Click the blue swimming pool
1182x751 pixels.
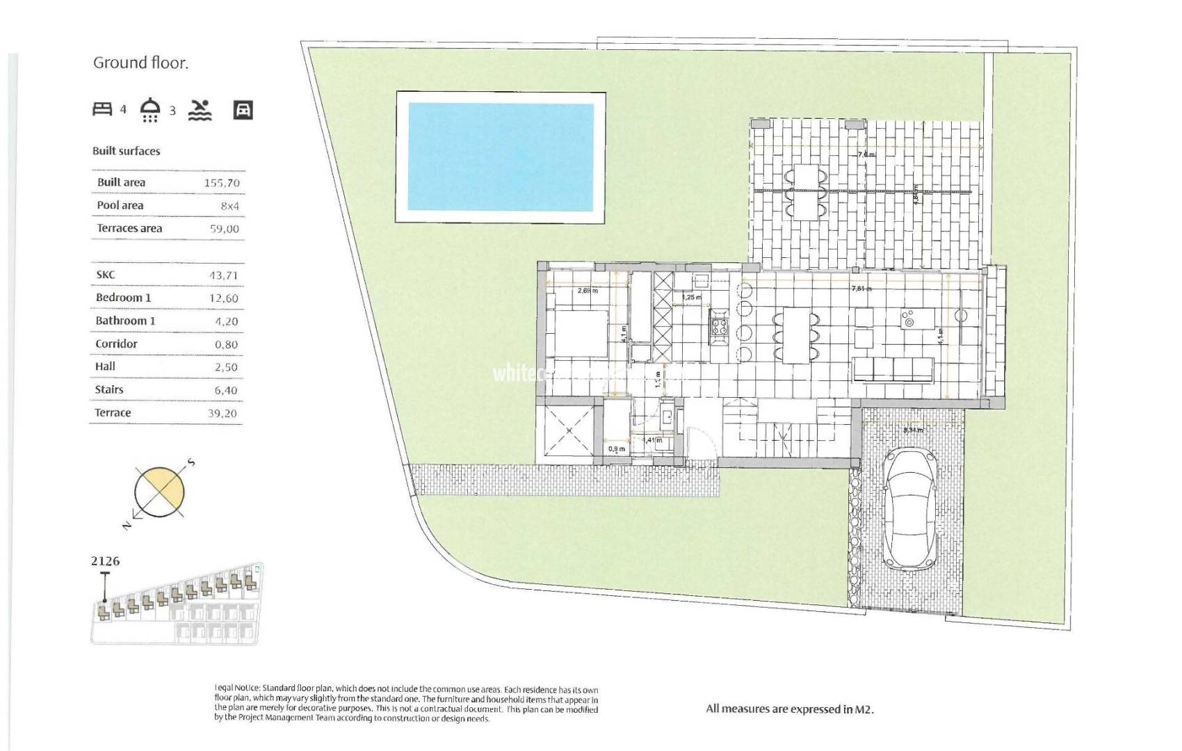click(501, 157)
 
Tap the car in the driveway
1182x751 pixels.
click(910, 508)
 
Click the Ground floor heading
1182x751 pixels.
click(140, 63)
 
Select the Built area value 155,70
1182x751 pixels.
click(222, 183)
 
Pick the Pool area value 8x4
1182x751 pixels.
click(229, 206)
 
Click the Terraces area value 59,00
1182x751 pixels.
click(224, 229)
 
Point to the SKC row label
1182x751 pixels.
click(106, 275)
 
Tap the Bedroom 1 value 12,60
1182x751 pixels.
click(223, 298)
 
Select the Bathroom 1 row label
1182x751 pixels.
click(125, 321)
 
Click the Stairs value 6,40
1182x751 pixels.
click(226, 390)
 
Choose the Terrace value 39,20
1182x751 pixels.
click(222, 413)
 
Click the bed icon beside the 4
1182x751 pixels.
click(102, 109)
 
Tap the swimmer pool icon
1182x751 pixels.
click(200, 110)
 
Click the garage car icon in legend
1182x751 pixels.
click(243, 110)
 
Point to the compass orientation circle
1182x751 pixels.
click(161, 492)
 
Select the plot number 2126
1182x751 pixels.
click(105, 560)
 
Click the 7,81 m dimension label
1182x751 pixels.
click(861, 288)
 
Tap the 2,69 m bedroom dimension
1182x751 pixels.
click(588, 291)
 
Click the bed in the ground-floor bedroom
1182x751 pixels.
click(576, 333)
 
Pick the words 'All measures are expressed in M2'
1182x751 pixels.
click(789, 709)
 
